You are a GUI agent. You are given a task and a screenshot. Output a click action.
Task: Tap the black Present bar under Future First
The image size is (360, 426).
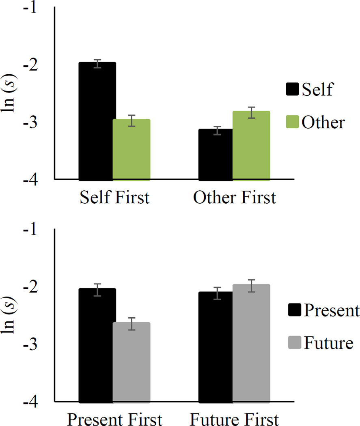[215, 347]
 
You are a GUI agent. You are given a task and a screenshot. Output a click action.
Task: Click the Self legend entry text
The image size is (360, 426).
[317, 90]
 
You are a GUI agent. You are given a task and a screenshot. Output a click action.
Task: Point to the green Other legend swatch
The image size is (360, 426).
[293, 122]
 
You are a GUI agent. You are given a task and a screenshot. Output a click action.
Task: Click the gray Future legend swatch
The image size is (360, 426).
[293, 343]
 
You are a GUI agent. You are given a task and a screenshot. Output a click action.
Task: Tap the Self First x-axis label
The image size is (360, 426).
[114, 198]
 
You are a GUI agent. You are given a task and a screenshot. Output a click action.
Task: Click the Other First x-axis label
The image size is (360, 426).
[235, 198]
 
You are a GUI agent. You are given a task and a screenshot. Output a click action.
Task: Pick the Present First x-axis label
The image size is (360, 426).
[114, 419]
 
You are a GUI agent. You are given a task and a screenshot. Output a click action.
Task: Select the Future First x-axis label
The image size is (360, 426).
[235, 419]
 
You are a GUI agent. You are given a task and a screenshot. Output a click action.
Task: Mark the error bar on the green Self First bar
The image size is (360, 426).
[131, 120]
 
